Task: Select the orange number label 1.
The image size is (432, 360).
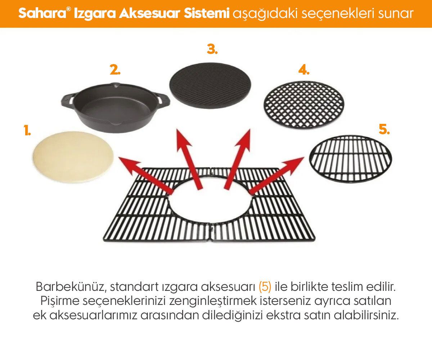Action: point(27,131)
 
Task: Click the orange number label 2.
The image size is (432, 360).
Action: point(115,71)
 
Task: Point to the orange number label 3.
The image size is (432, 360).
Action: point(212,49)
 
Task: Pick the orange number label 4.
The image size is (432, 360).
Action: point(303,71)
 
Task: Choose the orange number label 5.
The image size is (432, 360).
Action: point(384,130)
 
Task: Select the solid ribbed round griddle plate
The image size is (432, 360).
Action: point(211,88)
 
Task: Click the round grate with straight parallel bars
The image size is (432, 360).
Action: point(350,158)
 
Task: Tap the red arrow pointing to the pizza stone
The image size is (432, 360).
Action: point(144,175)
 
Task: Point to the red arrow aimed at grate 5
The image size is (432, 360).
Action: point(277,175)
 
